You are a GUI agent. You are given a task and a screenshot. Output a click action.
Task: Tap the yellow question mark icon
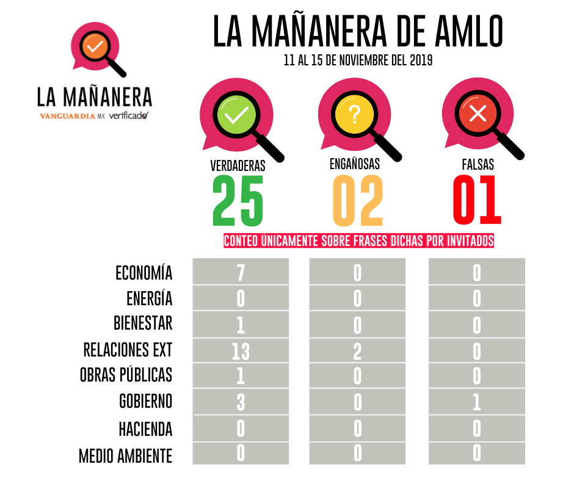355,114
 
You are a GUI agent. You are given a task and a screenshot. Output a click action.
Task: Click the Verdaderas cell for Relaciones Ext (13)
241,351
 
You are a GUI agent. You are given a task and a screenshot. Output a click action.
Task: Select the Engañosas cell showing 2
358,351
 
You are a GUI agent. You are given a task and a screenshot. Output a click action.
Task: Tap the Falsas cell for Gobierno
477,402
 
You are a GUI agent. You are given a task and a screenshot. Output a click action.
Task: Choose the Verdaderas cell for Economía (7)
241,272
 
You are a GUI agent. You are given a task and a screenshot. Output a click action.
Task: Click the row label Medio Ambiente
126,455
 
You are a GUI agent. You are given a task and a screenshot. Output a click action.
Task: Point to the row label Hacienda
145,429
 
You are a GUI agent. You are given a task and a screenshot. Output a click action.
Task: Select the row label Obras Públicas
126,375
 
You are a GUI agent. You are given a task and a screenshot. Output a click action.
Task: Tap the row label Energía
150,298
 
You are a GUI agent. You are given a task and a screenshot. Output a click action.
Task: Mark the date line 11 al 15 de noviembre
358,61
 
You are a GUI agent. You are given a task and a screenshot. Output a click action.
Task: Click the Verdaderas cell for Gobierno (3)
241,402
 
